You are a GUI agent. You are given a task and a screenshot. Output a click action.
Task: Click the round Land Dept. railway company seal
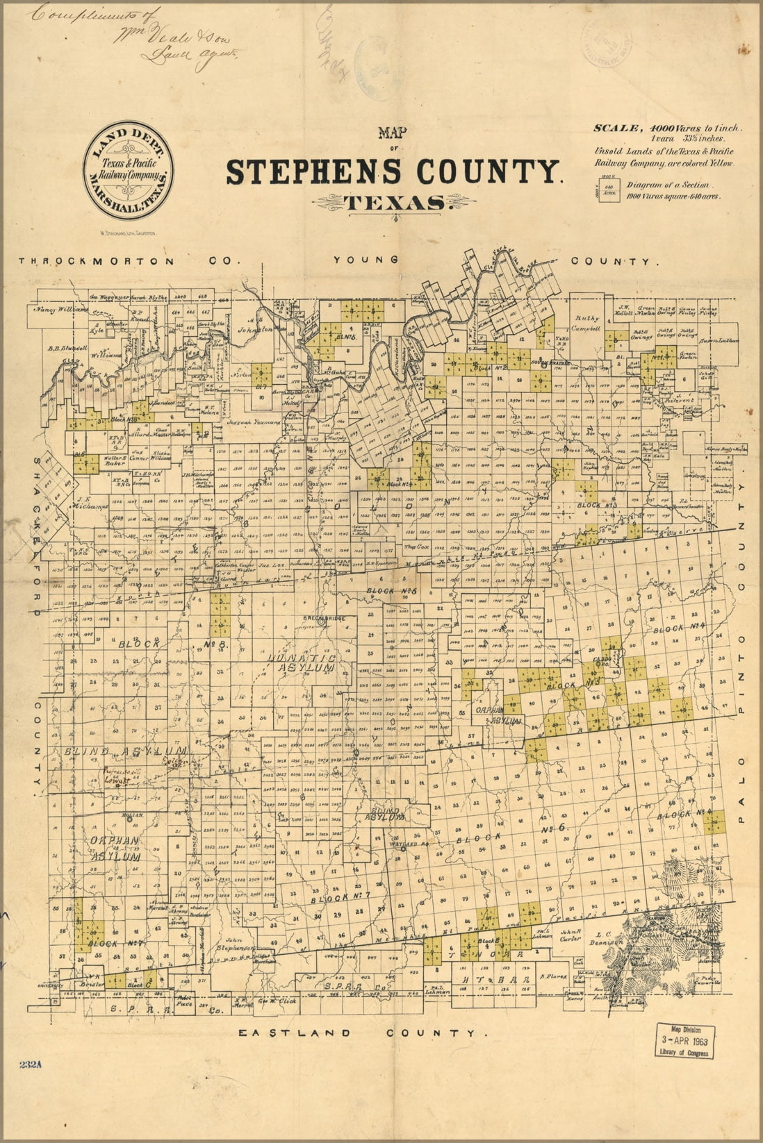coord(129,167)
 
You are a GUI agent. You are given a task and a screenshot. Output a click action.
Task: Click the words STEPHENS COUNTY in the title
coord(393,172)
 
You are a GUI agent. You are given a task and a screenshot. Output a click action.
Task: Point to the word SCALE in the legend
coord(616,128)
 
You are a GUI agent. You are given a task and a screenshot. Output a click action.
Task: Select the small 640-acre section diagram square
coord(608,191)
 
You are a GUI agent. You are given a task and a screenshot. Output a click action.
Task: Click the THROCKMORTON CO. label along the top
coord(129,261)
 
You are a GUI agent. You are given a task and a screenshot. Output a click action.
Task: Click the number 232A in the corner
coord(32,1065)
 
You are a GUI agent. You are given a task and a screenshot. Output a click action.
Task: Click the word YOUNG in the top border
coord(366,260)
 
